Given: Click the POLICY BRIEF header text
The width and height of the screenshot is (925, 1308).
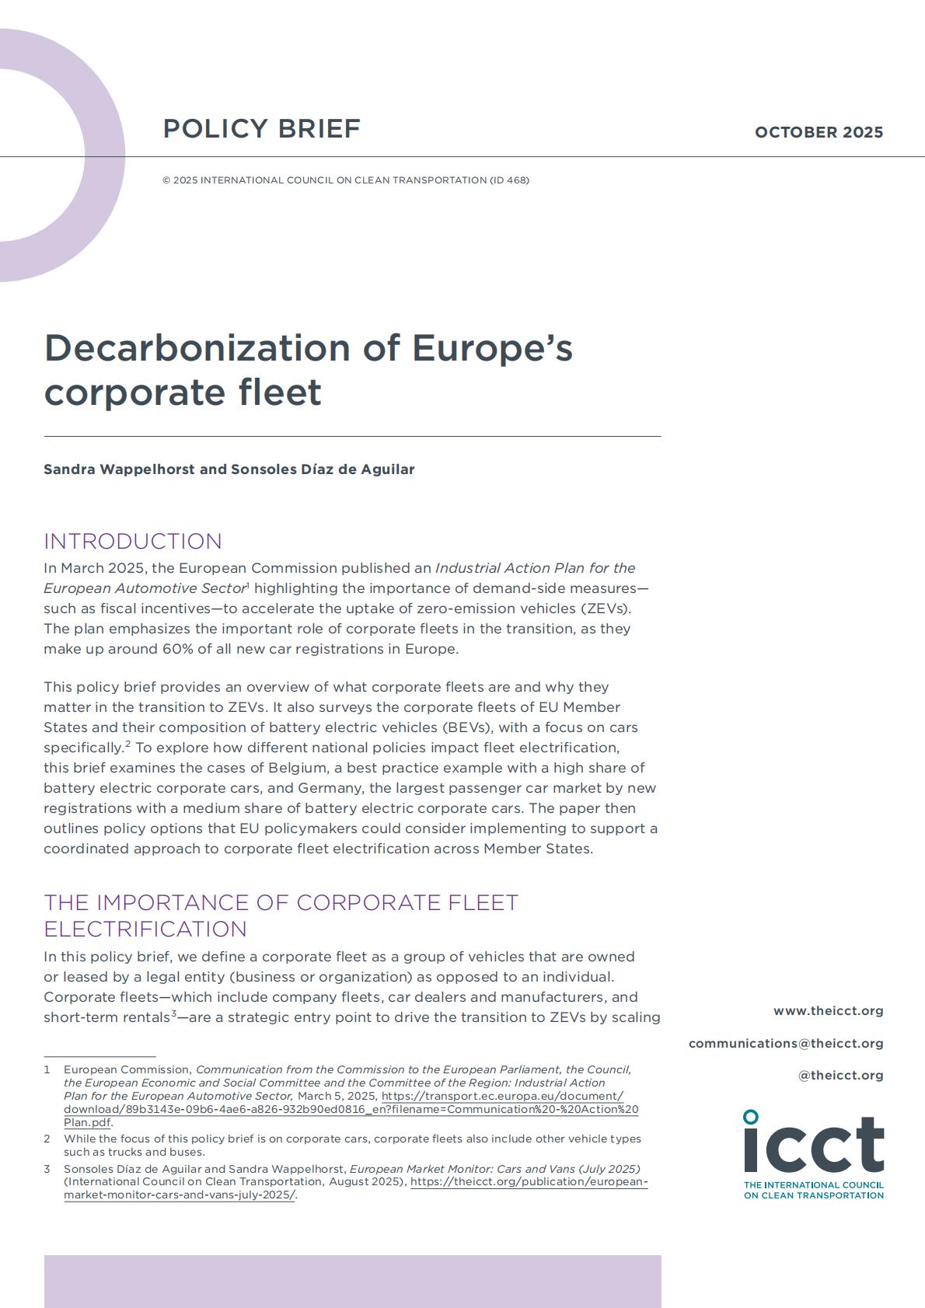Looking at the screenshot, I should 261,128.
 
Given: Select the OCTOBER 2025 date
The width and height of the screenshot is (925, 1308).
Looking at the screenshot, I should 819,132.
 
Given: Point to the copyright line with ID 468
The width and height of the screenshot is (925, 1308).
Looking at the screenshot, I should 346,180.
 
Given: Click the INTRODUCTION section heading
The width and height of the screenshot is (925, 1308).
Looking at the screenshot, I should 133,541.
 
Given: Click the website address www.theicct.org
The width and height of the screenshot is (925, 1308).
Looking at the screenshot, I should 828,1011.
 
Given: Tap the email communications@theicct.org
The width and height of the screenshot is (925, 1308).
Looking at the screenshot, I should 786,1043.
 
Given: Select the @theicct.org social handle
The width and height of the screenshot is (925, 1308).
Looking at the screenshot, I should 840,1076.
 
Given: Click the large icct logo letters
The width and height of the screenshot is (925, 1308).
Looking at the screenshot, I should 814,1146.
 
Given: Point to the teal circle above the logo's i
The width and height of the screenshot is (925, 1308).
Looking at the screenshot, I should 750,1117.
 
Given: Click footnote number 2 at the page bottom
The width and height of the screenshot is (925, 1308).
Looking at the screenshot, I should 47,1139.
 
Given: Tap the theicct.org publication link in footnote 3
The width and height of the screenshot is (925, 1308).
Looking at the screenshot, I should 529,1182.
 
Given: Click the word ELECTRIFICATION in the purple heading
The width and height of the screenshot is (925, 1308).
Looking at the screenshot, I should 145,929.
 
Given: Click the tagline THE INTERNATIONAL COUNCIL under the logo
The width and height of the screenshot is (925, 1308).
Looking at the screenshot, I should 813,1185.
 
